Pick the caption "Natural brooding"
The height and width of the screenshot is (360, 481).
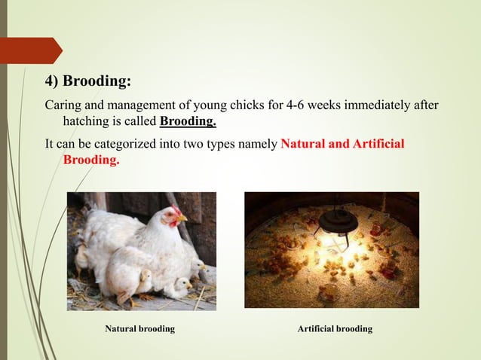[x=139, y=330]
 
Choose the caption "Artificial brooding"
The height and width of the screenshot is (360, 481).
[x=334, y=330]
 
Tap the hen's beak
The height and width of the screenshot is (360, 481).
[x=182, y=219]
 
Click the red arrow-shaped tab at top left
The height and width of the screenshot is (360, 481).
[x=30, y=50]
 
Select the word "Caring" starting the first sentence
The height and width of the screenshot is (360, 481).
[x=62, y=105]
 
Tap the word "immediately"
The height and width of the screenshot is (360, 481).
[x=385, y=105]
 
